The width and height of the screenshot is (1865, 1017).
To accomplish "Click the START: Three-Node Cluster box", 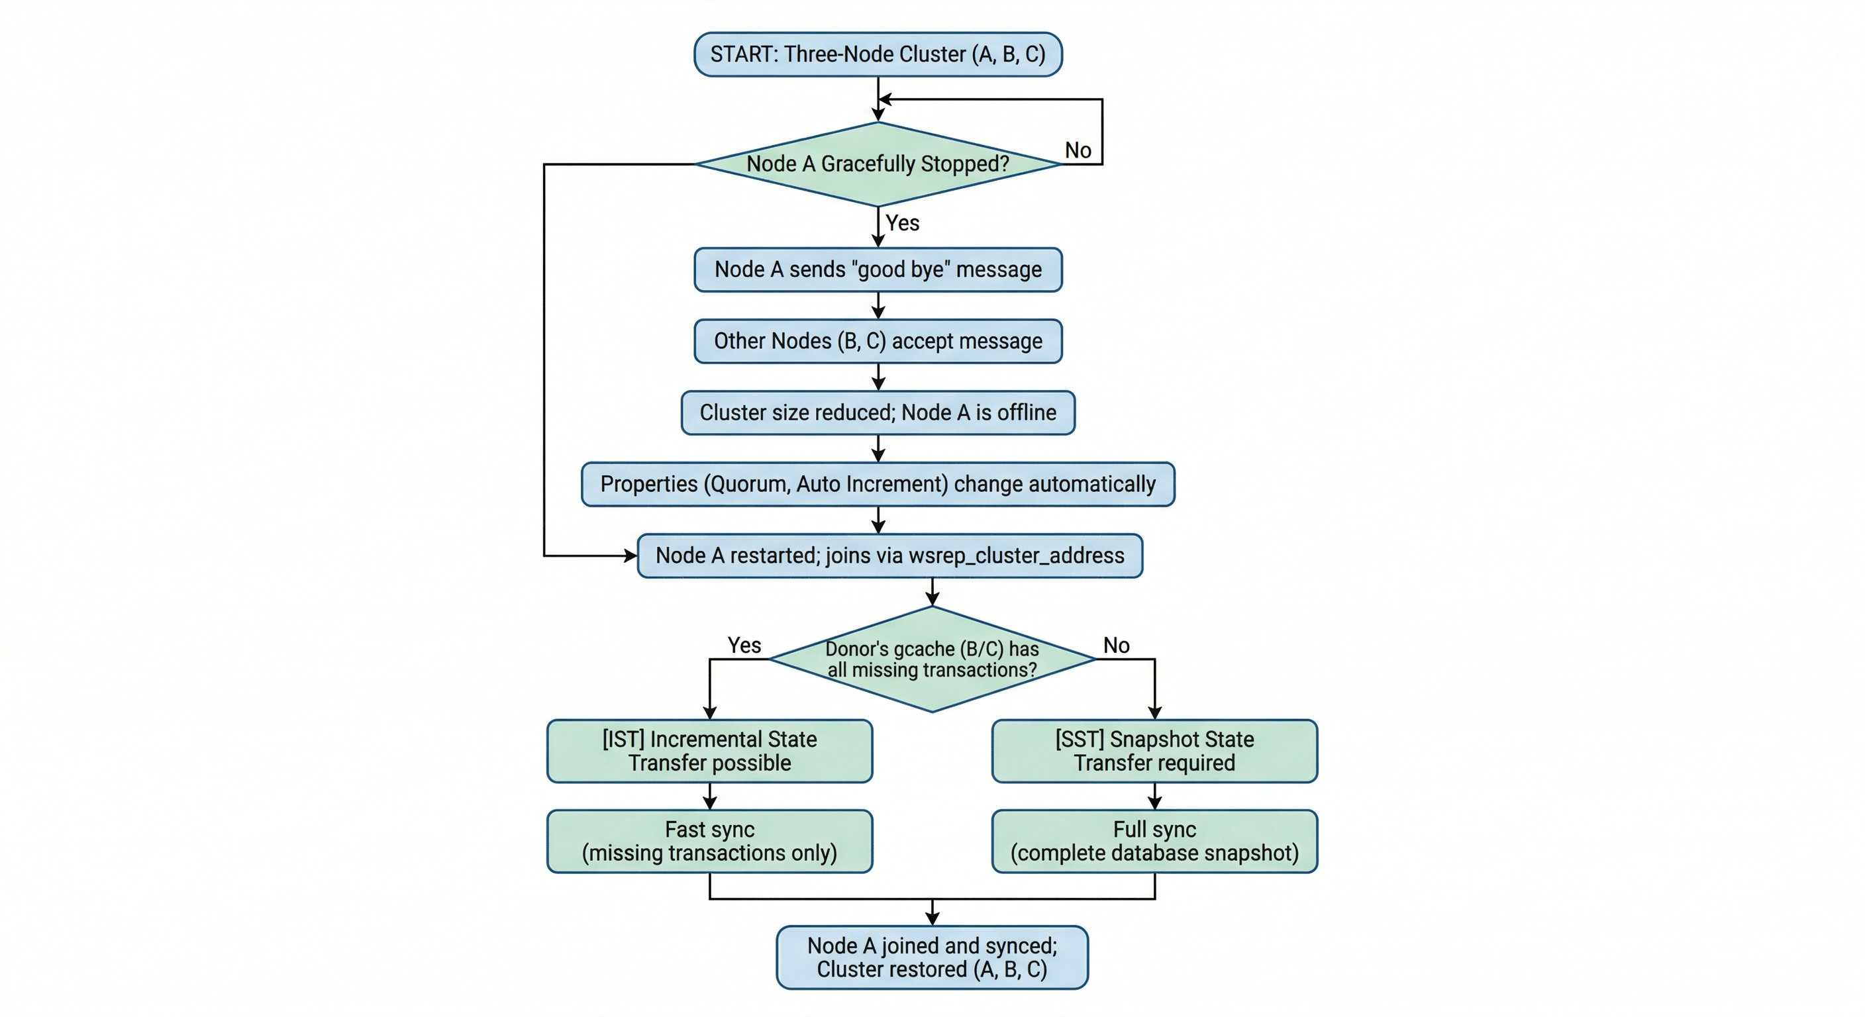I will click(x=878, y=54).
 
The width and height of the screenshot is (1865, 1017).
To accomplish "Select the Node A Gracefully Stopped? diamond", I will click(x=878, y=164).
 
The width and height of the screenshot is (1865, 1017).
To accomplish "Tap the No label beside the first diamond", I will click(x=1078, y=150).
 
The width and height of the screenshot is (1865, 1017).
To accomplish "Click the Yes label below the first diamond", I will click(x=902, y=223).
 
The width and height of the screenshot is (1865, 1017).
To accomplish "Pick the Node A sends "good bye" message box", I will click(x=878, y=270).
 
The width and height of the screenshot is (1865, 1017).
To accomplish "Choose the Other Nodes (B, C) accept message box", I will click(x=878, y=341).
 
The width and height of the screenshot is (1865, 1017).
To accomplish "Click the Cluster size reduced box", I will click(x=878, y=412).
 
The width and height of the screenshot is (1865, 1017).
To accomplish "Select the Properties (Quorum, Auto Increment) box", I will click(x=878, y=484).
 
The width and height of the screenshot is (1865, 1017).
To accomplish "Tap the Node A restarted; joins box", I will click(x=889, y=556).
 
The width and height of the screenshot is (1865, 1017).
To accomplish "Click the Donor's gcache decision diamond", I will click(x=932, y=659).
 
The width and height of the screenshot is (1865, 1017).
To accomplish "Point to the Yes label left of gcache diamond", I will click(x=744, y=645).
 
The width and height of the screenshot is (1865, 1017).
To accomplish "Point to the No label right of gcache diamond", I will click(x=1116, y=645).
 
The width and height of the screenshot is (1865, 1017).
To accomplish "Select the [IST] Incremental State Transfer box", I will click(x=709, y=751).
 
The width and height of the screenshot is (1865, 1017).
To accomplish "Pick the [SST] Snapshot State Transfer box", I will click(x=1154, y=751).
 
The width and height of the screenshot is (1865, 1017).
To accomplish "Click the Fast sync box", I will click(x=709, y=841).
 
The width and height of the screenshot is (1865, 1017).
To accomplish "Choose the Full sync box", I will click(x=1154, y=841).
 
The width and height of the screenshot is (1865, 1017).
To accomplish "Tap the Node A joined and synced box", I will click(x=932, y=957).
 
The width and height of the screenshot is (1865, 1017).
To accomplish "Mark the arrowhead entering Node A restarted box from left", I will click(x=630, y=556).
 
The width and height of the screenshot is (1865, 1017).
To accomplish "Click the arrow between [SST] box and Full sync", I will click(x=1155, y=797).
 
